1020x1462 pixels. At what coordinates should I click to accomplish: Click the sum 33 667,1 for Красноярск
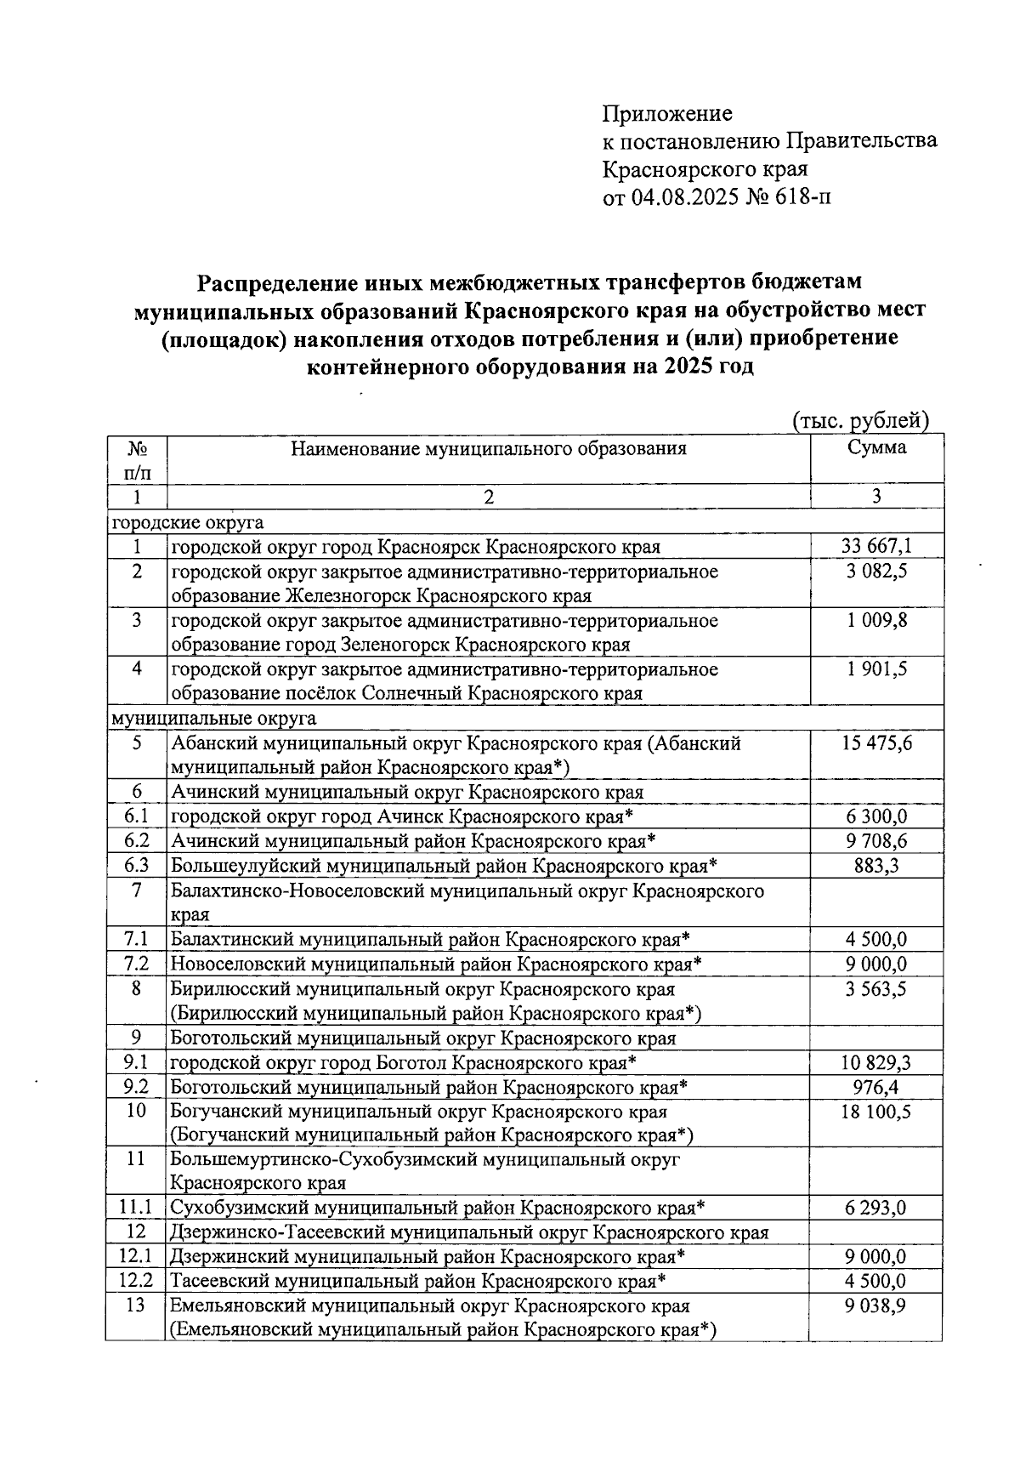[x=876, y=546]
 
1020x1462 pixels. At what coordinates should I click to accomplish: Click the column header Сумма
[x=876, y=447]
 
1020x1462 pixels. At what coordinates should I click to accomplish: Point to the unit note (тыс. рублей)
[x=859, y=420]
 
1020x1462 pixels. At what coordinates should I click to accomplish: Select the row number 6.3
[x=136, y=866]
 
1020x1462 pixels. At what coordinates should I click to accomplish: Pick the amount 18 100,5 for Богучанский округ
[x=876, y=1111]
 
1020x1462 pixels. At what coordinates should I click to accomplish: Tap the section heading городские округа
[x=188, y=522]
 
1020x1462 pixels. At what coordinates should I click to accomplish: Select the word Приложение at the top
[x=667, y=114]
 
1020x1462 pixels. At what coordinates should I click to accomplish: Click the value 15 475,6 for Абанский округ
[x=876, y=743]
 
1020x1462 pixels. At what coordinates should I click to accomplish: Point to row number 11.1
[x=136, y=1208]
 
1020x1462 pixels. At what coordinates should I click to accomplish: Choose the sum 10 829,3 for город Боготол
[x=876, y=1062]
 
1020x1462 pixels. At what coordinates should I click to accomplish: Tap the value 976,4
[x=876, y=1087]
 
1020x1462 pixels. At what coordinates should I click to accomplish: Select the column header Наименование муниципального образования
[x=488, y=448]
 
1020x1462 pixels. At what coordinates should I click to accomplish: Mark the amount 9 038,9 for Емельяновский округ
[x=876, y=1306]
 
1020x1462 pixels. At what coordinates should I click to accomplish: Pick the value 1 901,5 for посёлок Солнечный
[x=876, y=669]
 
